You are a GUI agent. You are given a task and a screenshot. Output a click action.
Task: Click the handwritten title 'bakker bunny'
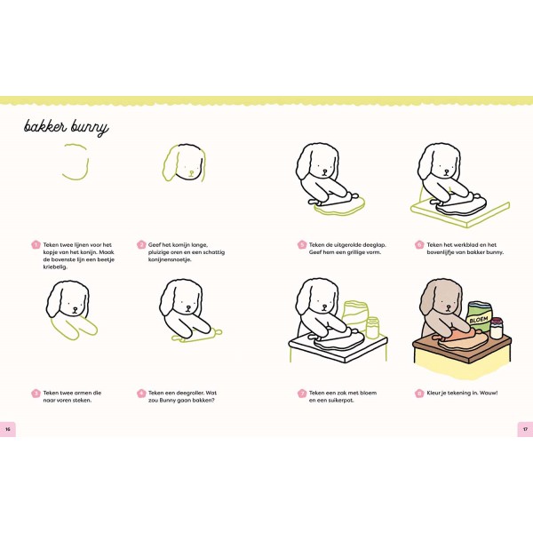click(67, 127)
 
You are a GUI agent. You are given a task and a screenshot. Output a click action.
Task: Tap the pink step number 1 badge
click(36, 245)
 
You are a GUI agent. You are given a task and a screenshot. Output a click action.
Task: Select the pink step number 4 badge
click(141, 394)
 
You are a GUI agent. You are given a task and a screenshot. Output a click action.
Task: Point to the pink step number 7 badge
click(302, 394)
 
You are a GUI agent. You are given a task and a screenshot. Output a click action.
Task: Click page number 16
click(7, 429)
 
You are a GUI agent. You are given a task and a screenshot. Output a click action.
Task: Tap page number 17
click(525, 429)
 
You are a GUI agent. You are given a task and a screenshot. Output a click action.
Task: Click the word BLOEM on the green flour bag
click(479, 320)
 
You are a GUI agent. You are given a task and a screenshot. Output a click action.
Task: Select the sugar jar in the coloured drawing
click(497, 329)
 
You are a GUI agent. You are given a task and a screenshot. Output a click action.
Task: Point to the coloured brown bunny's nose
click(449, 307)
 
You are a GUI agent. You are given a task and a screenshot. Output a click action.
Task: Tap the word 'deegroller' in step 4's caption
click(186, 393)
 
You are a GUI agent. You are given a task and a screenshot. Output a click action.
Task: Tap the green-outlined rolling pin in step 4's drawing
click(197, 335)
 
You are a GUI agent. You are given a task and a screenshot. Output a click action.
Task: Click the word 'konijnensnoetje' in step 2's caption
click(170, 259)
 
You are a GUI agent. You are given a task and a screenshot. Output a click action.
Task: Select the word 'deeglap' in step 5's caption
click(374, 245)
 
